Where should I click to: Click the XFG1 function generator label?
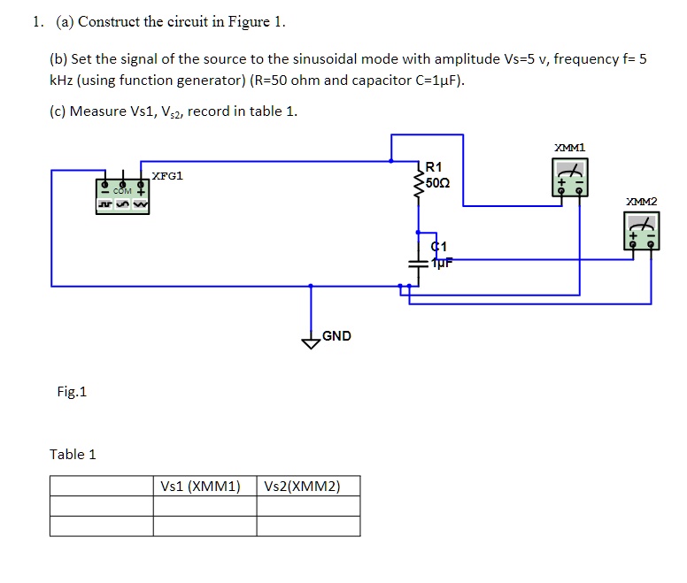(167, 176)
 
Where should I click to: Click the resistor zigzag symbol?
(419, 184)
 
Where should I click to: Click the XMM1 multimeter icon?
(569, 178)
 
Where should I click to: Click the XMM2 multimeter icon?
(641, 233)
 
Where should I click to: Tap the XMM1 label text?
(569, 148)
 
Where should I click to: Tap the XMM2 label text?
(641, 203)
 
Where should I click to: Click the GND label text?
(336, 336)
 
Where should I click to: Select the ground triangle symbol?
(311, 343)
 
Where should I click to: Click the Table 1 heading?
(73, 455)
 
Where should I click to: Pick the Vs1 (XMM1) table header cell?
(205, 486)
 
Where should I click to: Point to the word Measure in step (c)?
(99, 111)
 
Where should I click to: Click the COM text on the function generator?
(122, 190)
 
